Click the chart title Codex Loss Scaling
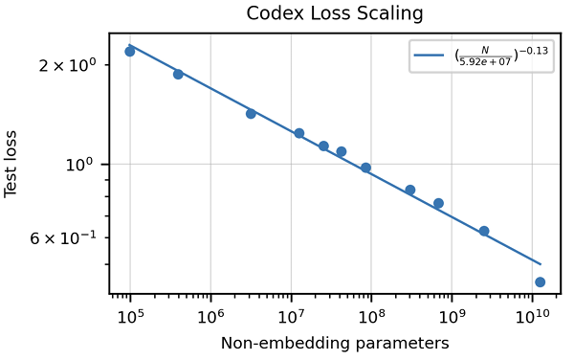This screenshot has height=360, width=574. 335,13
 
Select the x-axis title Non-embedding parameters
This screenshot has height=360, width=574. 335,343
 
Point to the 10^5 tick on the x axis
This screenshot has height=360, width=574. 129,318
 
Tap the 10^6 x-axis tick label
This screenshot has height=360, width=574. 210,318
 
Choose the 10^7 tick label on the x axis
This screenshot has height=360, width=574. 290,318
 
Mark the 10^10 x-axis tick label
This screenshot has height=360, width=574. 532,318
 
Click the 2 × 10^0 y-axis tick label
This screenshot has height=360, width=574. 68,66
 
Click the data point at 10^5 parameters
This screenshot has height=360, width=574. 130,52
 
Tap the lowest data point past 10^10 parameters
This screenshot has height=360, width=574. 541,281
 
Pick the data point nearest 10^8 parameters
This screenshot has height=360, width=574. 365,168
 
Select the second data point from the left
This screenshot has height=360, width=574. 178,74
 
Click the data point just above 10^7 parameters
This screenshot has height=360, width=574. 299,133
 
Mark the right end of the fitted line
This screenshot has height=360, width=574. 541,264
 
